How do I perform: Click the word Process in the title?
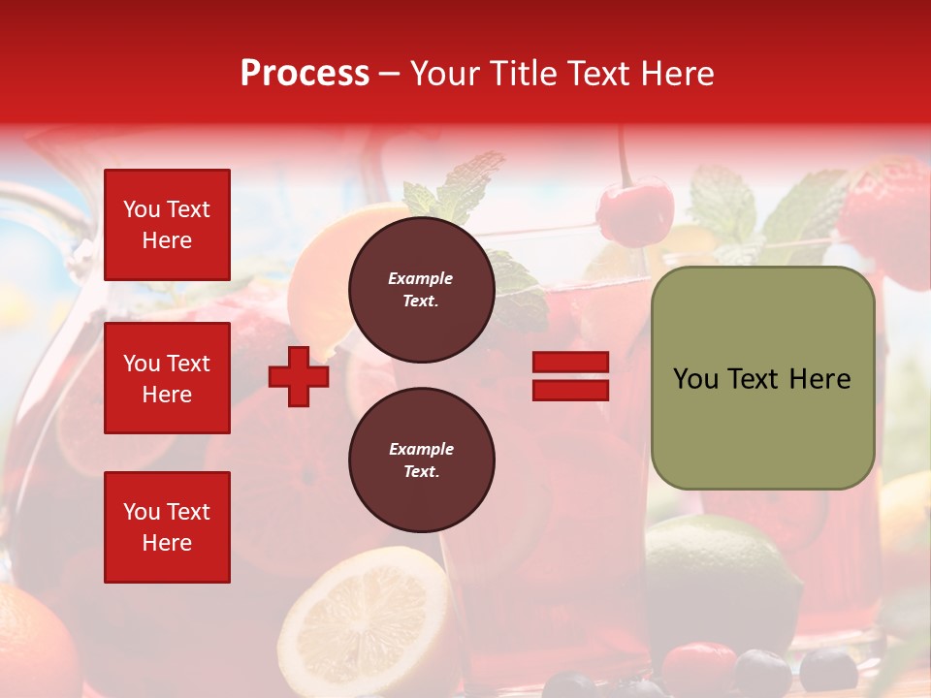[x=305, y=74]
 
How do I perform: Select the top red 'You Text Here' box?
[x=167, y=225]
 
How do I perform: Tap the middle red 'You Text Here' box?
[x=167, y=378]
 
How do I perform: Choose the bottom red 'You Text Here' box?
[x=167, y=527]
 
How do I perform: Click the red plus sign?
[x=299, y=376]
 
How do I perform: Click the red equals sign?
[x=570, y=376]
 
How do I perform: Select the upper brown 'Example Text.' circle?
[x=421, y=289]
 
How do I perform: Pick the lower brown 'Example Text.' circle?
[x=421, y=460]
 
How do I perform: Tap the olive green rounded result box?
[x=762, y=378]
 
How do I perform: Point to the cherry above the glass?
[x=634, y=213]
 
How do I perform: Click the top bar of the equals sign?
[x=570, y=363]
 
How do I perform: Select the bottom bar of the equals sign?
[x=570, y=390]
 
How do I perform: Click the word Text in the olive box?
[x=762, y=379]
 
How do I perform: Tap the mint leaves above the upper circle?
[x=456, y=189]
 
